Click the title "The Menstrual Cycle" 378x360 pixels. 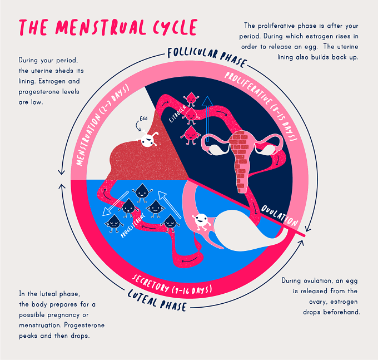[108, 27]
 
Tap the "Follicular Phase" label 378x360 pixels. [207, 56]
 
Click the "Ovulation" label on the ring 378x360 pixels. [280, 215]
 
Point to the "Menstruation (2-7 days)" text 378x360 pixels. [102, 125]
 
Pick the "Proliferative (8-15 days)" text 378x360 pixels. [262, 106]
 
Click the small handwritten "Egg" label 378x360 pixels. [143, 119]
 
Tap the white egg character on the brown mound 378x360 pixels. [148, 139]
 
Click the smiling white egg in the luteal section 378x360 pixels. [201, 221]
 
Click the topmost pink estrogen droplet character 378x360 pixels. [191, 98]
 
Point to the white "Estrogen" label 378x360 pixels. [177, 114]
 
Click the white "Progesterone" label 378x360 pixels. [133, 225]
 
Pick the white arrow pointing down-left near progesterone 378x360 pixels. [115, 204]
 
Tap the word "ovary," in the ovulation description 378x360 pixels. [318, 302]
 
